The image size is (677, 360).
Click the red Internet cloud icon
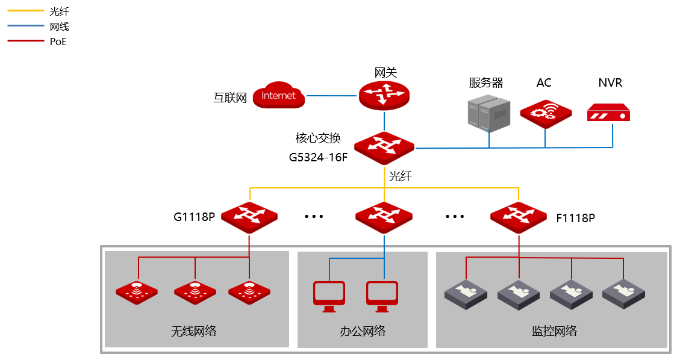point(278,95)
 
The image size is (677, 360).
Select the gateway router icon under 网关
point(384,95)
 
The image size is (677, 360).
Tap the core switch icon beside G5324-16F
point(384,148)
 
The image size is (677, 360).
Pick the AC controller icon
point(546,114)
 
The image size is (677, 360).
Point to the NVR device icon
point(608,113)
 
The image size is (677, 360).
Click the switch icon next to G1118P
point(249,217)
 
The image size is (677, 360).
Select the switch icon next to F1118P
point(519,217)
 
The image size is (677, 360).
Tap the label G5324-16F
point(318,157)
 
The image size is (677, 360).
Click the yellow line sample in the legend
point(26,11)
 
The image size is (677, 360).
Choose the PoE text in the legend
point(58,42)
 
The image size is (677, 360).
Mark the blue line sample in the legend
point(26,26)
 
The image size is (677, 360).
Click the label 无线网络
point(194,331)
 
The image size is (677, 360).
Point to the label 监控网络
point(554,331)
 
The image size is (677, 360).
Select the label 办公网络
point(363,331)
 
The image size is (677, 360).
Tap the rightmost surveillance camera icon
point(623,294)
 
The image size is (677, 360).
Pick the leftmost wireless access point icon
point(137,292)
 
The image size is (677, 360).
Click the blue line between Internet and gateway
point(332,95)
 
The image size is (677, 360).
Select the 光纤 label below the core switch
point(401,176)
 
